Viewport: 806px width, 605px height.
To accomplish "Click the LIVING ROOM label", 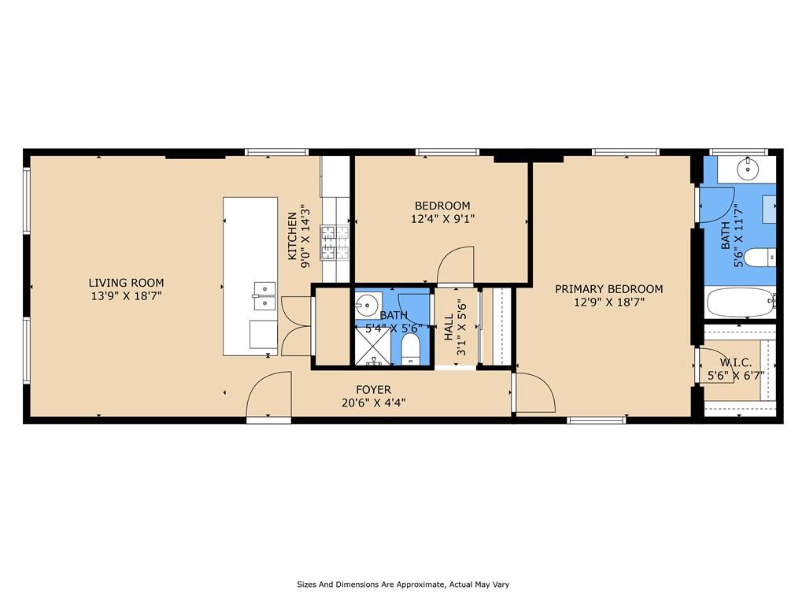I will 126,283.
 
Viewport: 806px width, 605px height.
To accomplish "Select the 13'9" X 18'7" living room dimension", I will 126,296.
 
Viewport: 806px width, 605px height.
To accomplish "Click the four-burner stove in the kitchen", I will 328,243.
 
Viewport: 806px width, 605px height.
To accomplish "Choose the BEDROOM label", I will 442,206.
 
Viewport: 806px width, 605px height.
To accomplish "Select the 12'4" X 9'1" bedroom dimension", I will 442,220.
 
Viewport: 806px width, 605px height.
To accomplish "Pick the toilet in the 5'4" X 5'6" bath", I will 411,350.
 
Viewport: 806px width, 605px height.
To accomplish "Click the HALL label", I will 449,328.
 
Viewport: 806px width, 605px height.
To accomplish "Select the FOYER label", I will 373,390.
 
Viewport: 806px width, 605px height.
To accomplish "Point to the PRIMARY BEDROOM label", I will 608,289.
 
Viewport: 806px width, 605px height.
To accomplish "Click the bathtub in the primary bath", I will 740,302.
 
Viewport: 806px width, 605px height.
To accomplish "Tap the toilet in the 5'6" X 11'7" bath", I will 759,258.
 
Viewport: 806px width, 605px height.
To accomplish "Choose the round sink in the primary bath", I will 747,167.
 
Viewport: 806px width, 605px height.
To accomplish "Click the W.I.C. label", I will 735,362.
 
